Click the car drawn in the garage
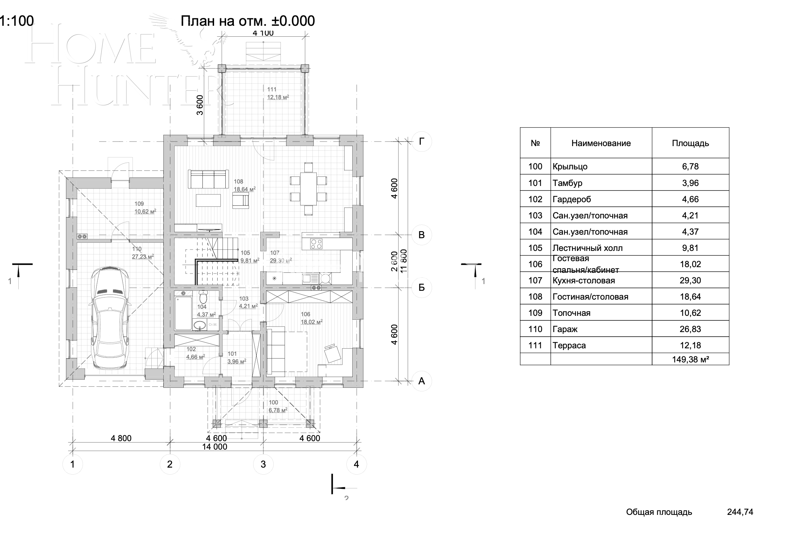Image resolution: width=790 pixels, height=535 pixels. click(x=109, y=319)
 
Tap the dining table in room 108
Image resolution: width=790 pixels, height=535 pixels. click(x=308, y=188)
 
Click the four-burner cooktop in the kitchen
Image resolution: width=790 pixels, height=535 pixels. click(x=316, y=244)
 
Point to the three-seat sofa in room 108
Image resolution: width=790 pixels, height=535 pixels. click(x=208, y=179)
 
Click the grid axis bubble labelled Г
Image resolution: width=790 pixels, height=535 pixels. click(x=421, y=142)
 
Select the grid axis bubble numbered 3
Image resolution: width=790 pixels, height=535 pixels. click(x=263, y=464)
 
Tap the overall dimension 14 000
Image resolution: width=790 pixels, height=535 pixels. click(x=214, y=447)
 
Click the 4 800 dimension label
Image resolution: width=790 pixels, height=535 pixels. click(x=121, y=438)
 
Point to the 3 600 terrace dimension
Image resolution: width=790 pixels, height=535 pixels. click(x=200, y=105)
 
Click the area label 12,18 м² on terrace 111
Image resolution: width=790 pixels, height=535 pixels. click(x=278, y=97)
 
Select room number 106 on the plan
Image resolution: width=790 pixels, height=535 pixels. click(x=305, y=314)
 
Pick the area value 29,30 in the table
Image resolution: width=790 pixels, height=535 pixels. click(x=690, y=281)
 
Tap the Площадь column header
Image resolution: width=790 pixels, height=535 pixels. click(x=690, y=143)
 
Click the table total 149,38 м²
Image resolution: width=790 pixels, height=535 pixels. click(x=690, y=359)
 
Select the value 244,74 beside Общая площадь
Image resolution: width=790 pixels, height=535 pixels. click(x=740, y=512)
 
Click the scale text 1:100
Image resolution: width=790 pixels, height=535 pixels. click(x=17, y=21)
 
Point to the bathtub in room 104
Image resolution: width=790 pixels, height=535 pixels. click(x=183, y=313)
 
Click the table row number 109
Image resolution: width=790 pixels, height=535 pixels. click(x=535, y=313)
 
